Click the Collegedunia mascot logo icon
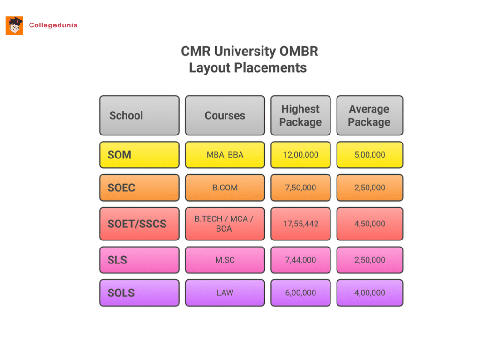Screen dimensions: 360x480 pyautogui.click(x=15, y=25)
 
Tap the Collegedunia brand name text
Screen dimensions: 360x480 pyautogui.click(x=53, y=25)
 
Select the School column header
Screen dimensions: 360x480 pyautogui.click(x=139, y=115)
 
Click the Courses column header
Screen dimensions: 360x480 pyautogui.click(x=225, y=115)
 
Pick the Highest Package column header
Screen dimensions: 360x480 pyautogui.click(x=300, y=115)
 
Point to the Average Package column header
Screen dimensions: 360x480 pyautogui.click(x=369, y=115)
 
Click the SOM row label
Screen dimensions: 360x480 pyautogui.click(x=139, y=155)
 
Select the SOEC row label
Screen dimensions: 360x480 pyautogui.click(x=139, y=187)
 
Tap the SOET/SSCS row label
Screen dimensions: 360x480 pyautogui.click(x=139, y=224)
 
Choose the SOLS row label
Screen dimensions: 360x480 pyautogui.click(x=139, y=292)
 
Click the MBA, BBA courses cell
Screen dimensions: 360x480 pyautogui.click(x=225, y=155)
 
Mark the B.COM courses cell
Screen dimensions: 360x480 pyautogui.click(x=225, y=187)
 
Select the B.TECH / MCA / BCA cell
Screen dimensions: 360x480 pyautogui.click(x=225, y=224)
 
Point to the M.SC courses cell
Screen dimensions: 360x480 pyautogui.click(x=225, y=260)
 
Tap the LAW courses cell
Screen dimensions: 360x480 pyautogui.click(x=225, y=292)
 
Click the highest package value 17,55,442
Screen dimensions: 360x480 pyautogui.click(x=300, y=224)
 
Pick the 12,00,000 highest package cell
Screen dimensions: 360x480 pyautogui.click(x=300, y=155)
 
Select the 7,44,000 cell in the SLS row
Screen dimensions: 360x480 pyautogui.click(x=300, y=260)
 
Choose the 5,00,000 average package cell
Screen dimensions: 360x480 pyautogui.click(x=369, y=155)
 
